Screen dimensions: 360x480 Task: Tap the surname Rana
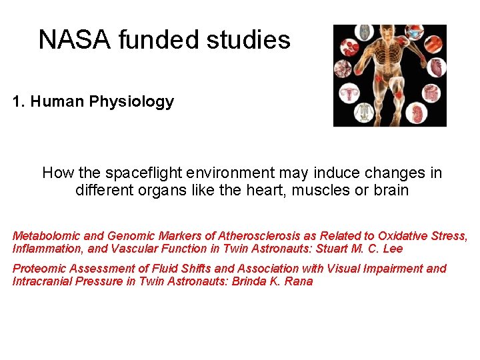(x=299, y=281)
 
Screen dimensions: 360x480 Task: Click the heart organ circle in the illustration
(x=436, y=67)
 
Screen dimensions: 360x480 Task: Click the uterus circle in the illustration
(x=349, y=94)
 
